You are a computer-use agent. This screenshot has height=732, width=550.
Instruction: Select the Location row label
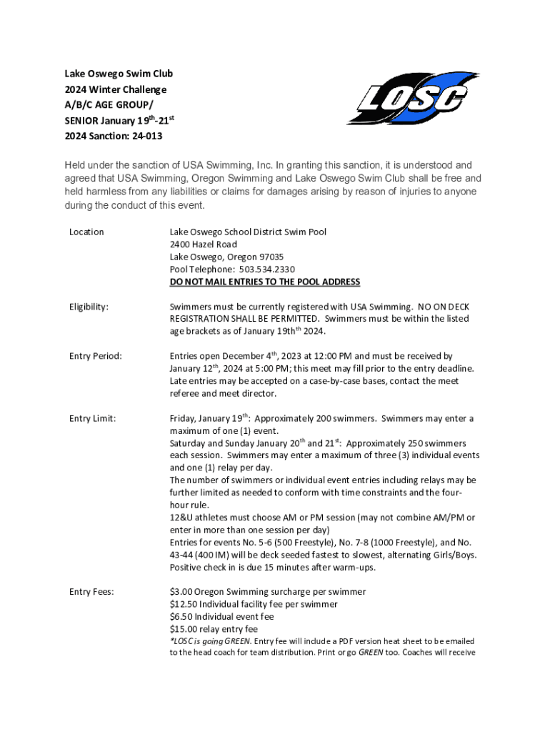point(86,232)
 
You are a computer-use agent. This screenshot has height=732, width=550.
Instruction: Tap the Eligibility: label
point(89,307)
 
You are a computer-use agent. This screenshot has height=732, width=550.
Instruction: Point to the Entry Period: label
point(95,356)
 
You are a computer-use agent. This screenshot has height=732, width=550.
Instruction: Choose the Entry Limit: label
point(92,418)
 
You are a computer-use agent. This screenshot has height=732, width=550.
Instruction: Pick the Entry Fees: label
point(91,592)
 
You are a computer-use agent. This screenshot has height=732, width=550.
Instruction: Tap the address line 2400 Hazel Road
point(203,244)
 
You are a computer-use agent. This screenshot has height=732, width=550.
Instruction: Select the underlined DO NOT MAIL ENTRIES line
point(264,282)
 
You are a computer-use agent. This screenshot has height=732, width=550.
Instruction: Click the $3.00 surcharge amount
point(181,592)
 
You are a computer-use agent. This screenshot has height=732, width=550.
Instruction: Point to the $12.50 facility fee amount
point(184,604)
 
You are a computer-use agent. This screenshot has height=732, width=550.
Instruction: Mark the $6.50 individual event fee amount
point(181,616)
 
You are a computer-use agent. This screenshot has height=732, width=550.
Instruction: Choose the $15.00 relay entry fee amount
point(184,629)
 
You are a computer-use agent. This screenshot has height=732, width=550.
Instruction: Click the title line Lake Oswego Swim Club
point(119,74)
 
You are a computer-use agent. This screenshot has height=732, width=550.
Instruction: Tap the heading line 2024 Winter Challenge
point(116,89)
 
